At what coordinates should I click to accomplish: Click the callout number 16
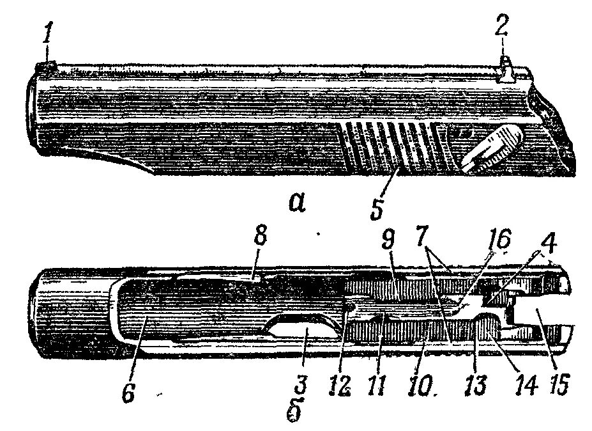[x=499, y=241]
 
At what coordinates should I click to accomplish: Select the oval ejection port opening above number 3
[x=304, y=332]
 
